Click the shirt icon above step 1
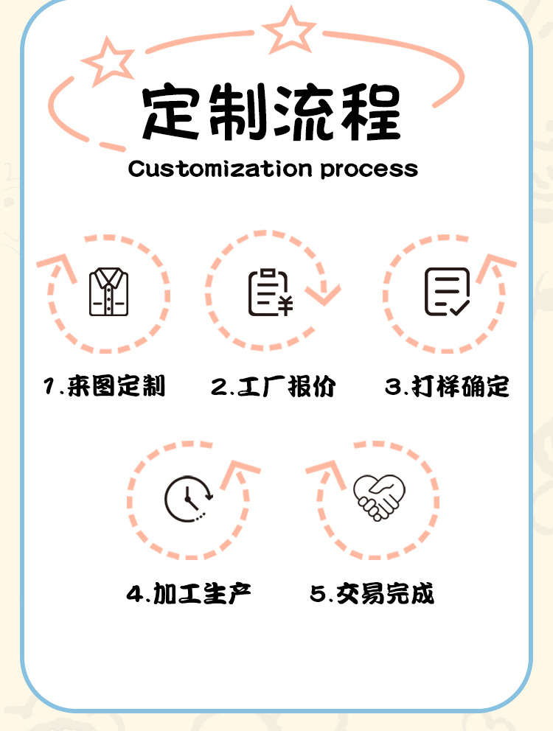pos(108,292)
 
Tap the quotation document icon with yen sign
pos(270,293)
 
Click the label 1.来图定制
pos(104,385)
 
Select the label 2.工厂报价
pos(274,385)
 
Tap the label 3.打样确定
pos(447,385)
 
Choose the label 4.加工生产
pos(189,593)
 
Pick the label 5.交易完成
pos(372,593)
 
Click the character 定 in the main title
pos(170,113)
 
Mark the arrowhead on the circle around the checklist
pos(495,266)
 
